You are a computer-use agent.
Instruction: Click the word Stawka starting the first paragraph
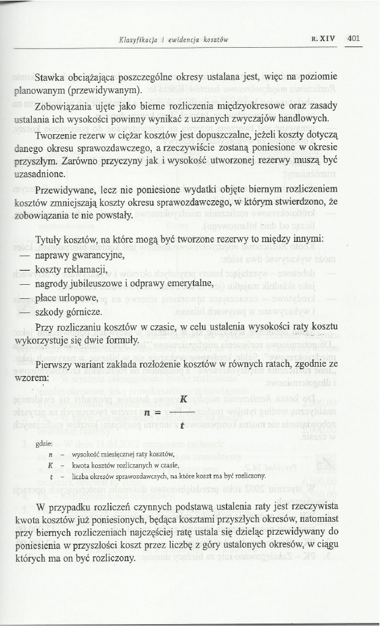[51, 78]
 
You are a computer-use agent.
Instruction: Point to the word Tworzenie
[58, 134]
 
